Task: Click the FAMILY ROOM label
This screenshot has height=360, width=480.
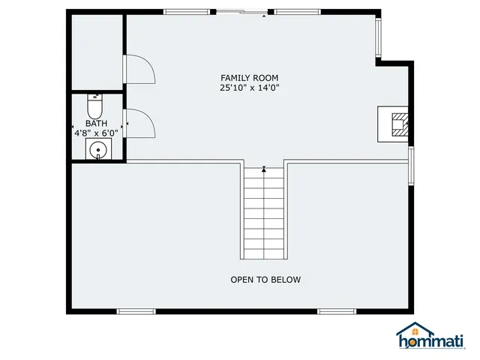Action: coord(250,78)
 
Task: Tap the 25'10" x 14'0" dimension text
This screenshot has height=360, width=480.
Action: coord(250,88)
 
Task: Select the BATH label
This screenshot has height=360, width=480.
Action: coord(96,124)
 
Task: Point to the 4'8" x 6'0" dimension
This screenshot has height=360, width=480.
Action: coord(96,133)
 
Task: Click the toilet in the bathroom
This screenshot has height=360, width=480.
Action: coord(95,102)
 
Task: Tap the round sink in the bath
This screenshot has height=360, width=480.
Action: coord(98,151)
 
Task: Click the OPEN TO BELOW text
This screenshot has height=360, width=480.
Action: coord(265,280)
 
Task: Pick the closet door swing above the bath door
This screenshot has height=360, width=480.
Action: coord(139,70)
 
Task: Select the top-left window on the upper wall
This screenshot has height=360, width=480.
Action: coord(187,12)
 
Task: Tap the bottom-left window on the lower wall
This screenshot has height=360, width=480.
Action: coord(136,310)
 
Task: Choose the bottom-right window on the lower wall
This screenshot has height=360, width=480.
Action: coord(335,310)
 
